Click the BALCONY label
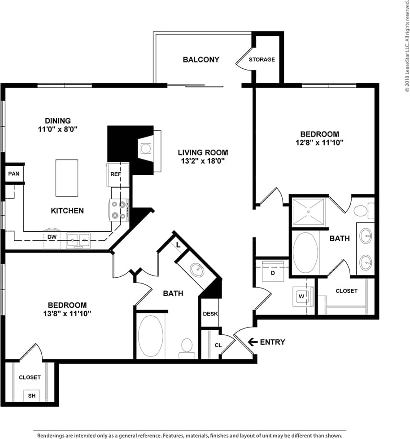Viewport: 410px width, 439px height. click(x=201, y=59)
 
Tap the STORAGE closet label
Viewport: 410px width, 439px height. click(x=262, y=59)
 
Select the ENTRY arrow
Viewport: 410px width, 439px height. click(x=252, y=342)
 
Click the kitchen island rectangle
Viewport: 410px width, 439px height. click(x=67, y=178)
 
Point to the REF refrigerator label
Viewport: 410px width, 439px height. click(x=116, y=173)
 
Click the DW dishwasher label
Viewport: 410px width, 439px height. click(x=52, y=237)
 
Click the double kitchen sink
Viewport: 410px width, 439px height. click(x=78, y=240)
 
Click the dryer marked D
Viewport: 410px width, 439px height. click(x=272, y=272)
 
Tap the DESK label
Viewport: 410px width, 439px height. click(x=210, y=314)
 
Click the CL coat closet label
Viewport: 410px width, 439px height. click(x=218, y=346)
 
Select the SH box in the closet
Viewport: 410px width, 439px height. click(x=32, y=395)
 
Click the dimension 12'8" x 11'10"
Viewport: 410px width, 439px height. click(x=319, y=142)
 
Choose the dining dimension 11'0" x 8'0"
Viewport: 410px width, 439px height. click(x=58, y=129)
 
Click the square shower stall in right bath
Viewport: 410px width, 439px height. click(x=308, y=211)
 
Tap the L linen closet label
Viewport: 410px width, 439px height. click(x=179, y=245)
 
